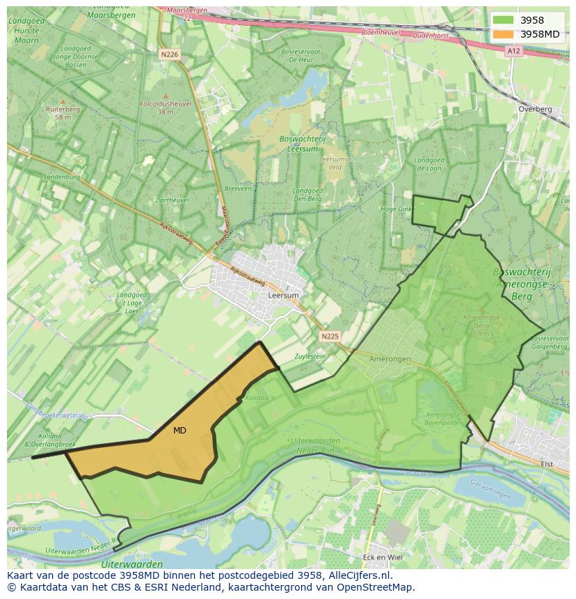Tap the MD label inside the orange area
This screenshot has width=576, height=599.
[x=179, y=431]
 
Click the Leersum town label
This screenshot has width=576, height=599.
[x=283, y=296]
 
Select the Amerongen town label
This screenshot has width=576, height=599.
[x=390, y=359]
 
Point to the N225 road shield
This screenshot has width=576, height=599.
[x=330, y=337]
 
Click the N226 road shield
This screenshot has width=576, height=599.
[x=169, y=54]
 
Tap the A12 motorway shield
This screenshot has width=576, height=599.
[x=513, y=51]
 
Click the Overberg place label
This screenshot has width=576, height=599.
[x=535, y=109]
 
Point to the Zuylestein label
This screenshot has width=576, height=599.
[x=310, y=356]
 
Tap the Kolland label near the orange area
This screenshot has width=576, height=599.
[x=257, y=398]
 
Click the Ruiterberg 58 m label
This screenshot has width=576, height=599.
[x=63, y=113]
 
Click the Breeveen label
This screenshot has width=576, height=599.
[x=238, y=188]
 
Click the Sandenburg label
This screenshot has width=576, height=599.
[x=61, y=177]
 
